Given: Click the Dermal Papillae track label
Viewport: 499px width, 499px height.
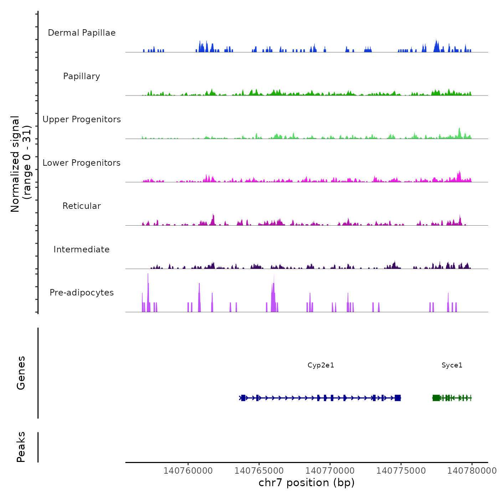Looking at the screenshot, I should [x=82, y=33].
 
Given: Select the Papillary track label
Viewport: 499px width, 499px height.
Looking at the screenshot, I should [x=82, y=76].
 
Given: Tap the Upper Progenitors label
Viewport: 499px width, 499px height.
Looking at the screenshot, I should [x=82, y=119].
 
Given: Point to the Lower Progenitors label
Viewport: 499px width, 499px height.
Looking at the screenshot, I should [x=82, y=163].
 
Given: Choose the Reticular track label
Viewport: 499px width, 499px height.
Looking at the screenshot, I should [x=82, y=206].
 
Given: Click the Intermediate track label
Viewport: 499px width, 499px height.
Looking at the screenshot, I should [x=82, y=249].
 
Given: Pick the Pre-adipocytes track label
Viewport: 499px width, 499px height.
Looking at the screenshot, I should [x=82, y=293].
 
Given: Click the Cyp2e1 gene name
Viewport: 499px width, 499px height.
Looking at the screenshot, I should [x=321, y=365].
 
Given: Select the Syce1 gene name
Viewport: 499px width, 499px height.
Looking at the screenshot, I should [x=452, y=365].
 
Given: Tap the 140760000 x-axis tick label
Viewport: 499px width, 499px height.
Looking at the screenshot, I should [x=188, y=471].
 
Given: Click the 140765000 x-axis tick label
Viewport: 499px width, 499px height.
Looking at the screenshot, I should [x=259, y=471].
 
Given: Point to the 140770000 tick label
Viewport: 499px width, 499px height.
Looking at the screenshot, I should [x=330, y=471].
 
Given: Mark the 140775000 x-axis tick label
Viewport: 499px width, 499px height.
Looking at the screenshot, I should [x=401, y=471].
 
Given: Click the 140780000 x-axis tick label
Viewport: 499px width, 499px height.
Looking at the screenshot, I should [x=472, y=471].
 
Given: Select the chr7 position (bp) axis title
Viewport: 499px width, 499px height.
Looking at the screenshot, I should [x=307, y=483].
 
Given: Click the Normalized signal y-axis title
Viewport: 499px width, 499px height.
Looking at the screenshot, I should [x=21, y=164].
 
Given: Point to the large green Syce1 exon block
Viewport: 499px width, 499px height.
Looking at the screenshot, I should [x=436, y=398].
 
